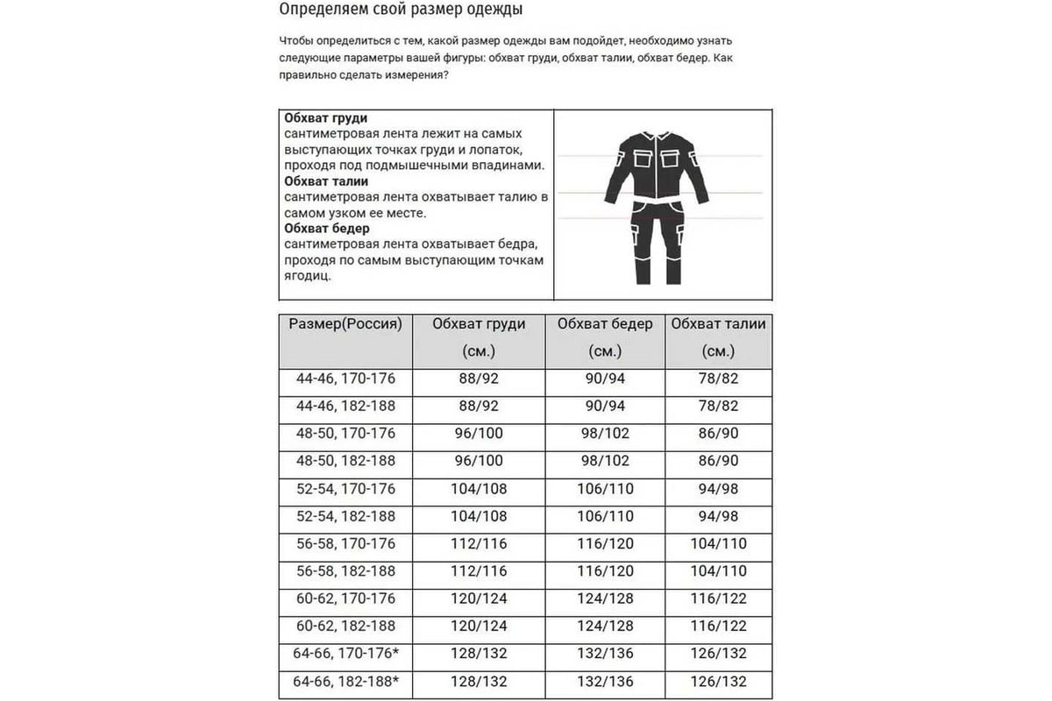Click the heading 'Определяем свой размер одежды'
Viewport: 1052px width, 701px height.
402,11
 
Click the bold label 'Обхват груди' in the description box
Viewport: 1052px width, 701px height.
326,117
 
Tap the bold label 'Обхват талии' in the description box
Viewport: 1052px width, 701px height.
326,181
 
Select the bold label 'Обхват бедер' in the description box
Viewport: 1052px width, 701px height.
326,228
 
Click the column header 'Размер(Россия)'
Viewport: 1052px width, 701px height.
345,324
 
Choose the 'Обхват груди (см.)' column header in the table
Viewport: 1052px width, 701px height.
479,336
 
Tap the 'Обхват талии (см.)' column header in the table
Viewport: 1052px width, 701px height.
718,336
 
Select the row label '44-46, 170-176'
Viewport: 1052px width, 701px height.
345,379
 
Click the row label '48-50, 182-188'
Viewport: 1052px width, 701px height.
345,461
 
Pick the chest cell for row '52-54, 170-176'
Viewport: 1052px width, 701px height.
479,488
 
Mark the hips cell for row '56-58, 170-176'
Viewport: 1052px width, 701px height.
605,543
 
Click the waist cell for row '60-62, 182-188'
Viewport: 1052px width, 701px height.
718,626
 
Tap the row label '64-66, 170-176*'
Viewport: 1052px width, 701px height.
345,654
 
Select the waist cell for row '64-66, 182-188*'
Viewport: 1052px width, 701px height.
718,681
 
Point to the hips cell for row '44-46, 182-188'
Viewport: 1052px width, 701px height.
605,406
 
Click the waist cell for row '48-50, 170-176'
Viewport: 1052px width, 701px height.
718,434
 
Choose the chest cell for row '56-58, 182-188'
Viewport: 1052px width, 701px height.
479,571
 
